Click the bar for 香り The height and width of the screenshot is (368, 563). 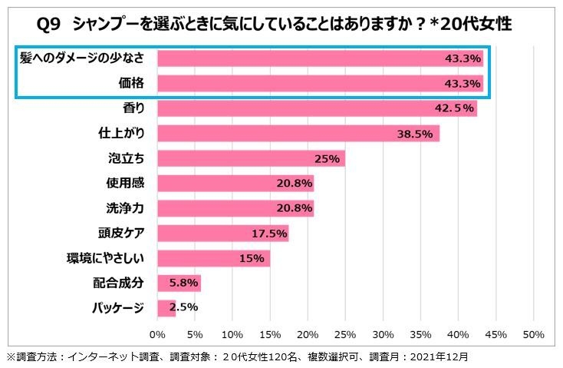317,108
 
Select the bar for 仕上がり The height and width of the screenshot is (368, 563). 298,134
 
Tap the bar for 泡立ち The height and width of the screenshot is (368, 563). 251,159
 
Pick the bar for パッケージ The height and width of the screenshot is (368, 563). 166,308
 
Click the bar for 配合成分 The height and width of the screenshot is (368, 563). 179,283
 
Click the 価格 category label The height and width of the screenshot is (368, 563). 131,83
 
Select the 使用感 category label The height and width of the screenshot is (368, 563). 126,184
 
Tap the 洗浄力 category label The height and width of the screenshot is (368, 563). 126,209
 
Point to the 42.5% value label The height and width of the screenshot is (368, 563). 454,108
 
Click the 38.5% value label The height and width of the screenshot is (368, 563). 417,134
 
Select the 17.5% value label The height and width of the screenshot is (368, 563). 269,234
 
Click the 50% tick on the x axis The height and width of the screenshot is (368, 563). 533,335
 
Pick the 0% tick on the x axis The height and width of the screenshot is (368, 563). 157,335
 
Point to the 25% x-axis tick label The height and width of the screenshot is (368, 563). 345,335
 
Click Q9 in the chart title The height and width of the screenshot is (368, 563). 50,24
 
